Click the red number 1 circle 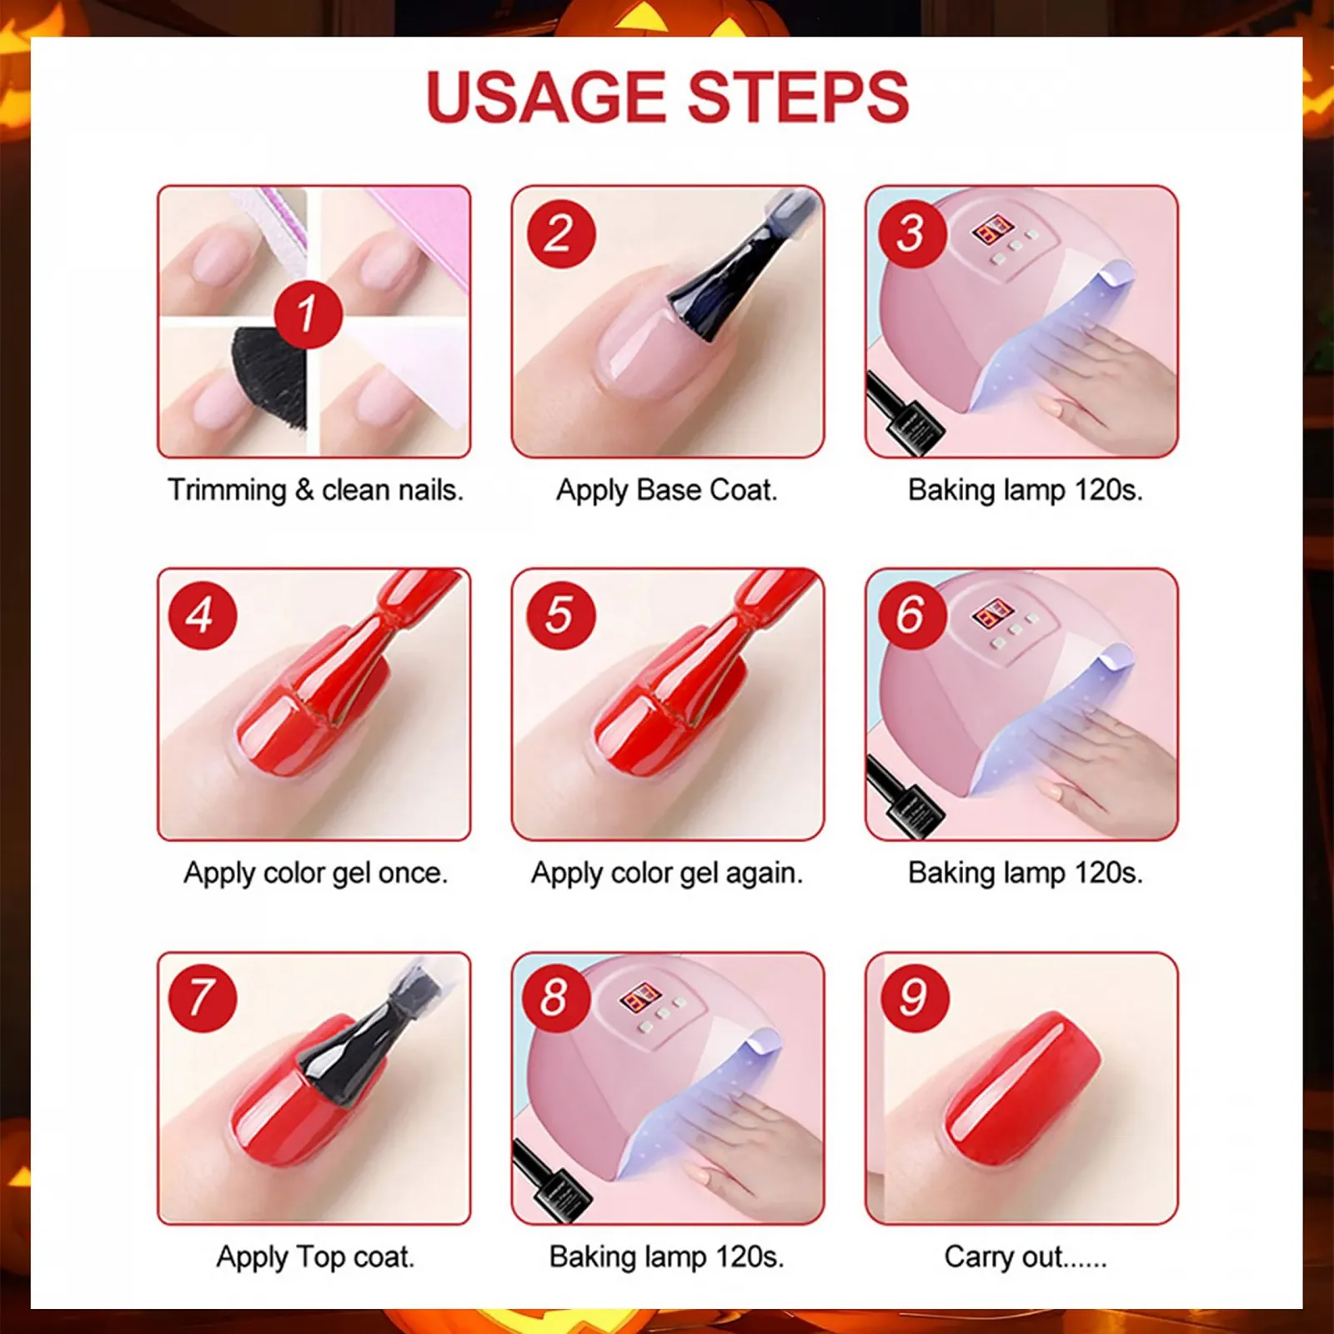308,314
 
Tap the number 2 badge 561,233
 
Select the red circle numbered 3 911,233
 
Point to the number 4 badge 202,615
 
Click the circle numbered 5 560,615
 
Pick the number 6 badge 911,615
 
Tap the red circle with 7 202,998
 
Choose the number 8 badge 555,998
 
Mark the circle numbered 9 915,998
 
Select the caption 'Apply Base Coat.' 667,490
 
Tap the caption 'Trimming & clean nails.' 315,490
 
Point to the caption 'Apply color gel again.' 667,873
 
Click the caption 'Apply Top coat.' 315,1256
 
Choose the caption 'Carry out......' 1026,1256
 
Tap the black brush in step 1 265,375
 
